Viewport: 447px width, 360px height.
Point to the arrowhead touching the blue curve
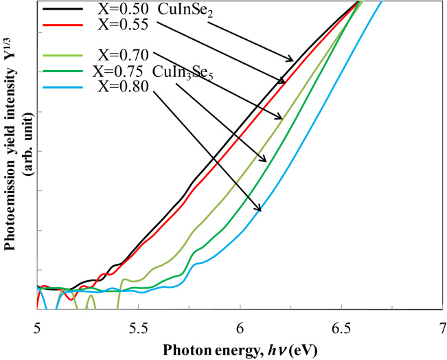[259, 209]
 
